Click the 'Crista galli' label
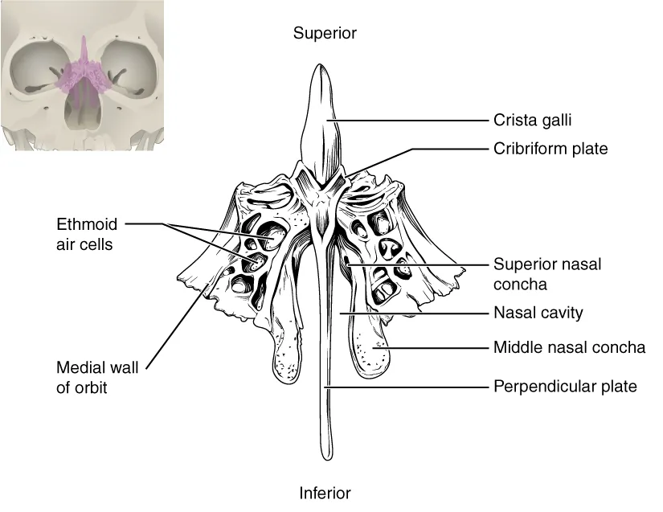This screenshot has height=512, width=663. point(531,121)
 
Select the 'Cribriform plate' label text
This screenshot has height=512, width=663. point(550,149)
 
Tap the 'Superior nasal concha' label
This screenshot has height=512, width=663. point(546,273)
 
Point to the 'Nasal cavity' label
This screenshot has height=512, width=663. point(538,313)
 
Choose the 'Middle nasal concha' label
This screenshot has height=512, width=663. point(569,348)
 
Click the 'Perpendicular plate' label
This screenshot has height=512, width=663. point(565,387)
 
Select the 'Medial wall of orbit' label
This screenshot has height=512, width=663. point(96,378)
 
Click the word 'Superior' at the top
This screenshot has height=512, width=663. point(324,33)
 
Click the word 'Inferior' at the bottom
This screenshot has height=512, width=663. point(325,493)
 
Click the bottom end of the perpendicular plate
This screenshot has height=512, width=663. point(329,453)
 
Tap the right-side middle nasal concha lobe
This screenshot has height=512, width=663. point(370,350)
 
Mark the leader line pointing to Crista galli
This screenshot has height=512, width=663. point(410,121)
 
